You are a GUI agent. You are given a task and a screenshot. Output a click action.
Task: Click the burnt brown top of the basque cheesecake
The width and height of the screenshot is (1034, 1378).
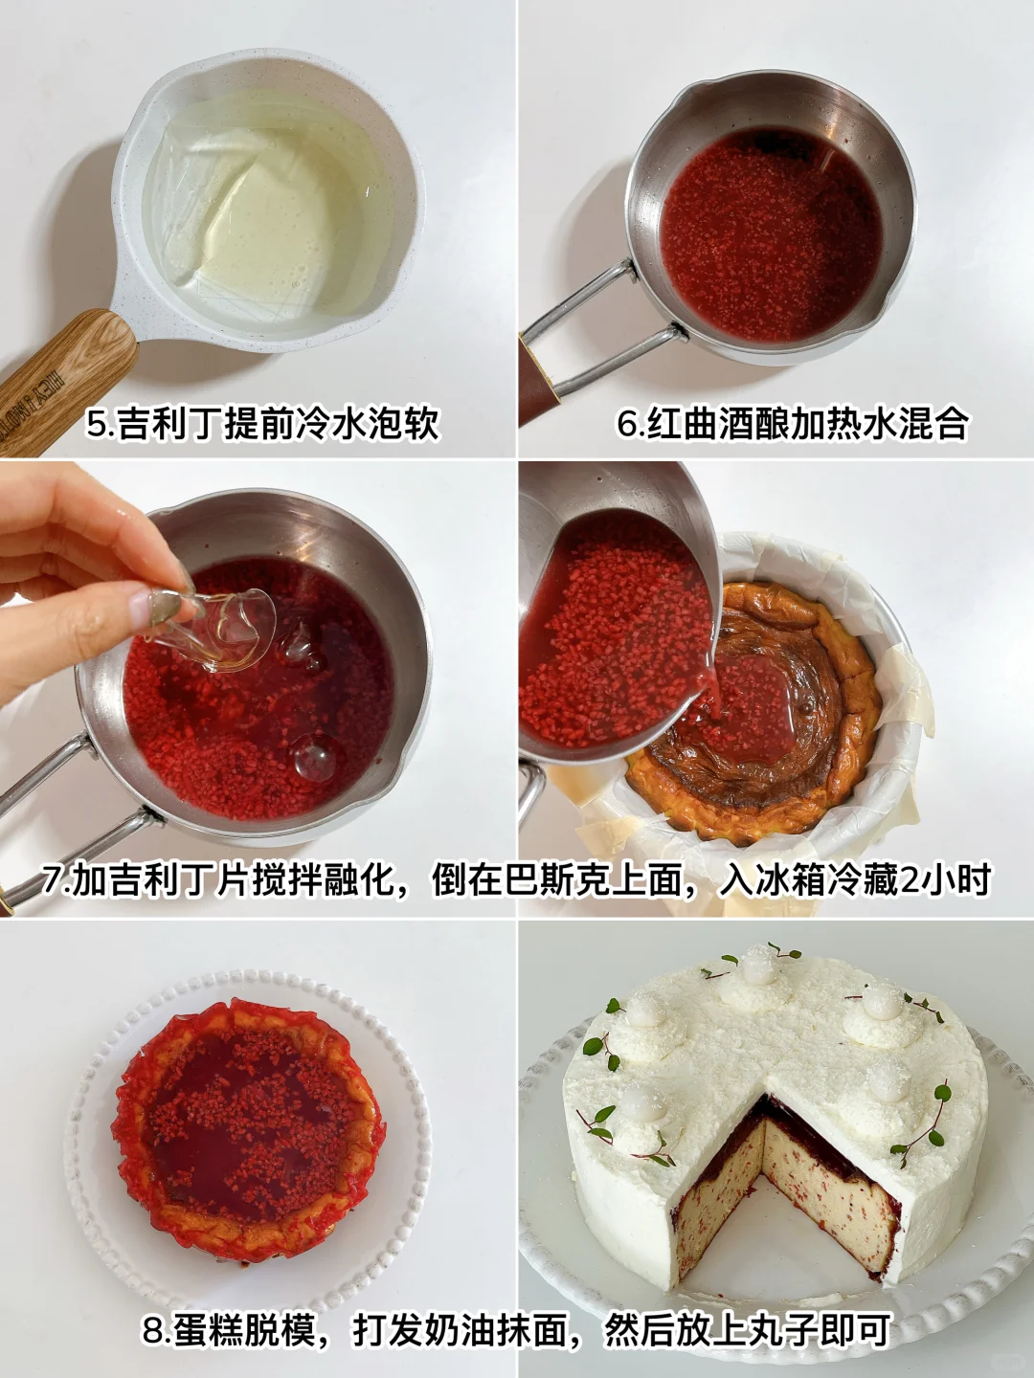click(x=763, y=722)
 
